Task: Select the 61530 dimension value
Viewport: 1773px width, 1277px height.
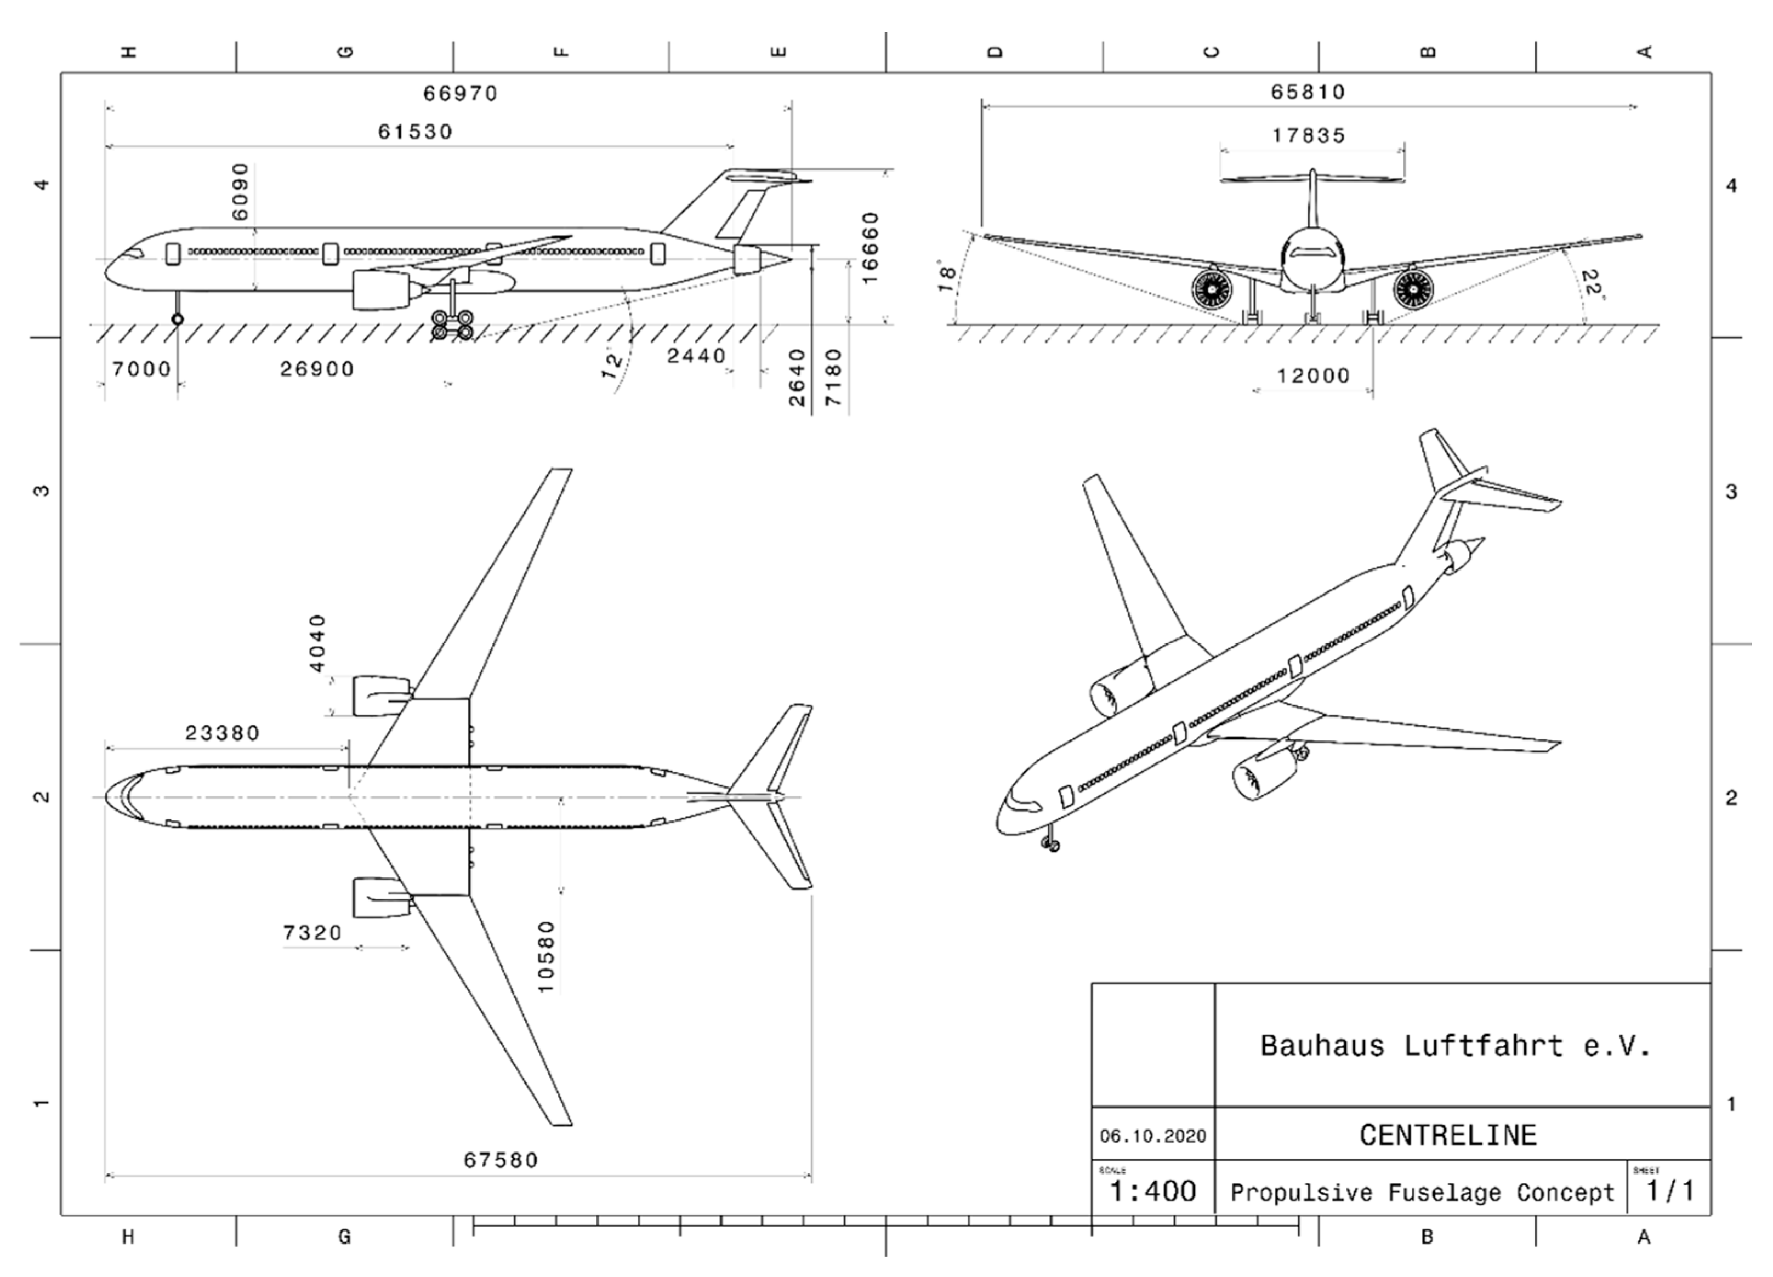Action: [415, 132]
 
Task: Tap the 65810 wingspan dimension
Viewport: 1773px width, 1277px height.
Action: [1308, 92]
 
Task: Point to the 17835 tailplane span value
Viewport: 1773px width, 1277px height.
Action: [1309, 136]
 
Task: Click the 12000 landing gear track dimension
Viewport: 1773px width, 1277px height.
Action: [1314, 376]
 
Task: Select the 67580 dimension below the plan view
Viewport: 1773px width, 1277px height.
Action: [501, 1160]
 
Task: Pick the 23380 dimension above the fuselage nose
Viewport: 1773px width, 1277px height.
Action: [222, 733]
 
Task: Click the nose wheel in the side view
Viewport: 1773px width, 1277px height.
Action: [178, 319]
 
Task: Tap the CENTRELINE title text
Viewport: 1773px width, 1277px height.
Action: [1448, 1135]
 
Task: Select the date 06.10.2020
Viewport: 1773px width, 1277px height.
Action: [1153, 1136]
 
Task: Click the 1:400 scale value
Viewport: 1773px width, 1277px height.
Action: [1153, 1191]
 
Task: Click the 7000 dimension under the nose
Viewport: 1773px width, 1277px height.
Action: [141, 369]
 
